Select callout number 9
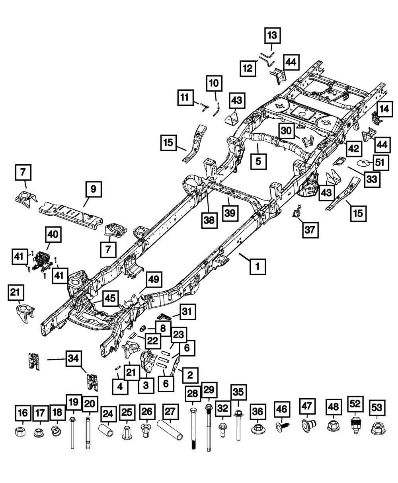93,190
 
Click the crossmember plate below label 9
72,213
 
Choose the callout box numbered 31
189,313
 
